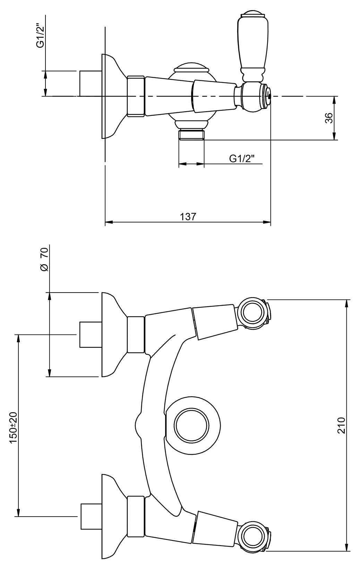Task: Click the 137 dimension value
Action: click(188, 217)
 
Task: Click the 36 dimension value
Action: click(329, 118)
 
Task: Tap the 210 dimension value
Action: click(342, 425)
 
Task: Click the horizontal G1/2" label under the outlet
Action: click(242, 159)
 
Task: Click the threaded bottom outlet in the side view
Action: click(191, 135)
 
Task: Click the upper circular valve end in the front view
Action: click(252, 313)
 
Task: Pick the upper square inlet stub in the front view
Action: click(91, 334)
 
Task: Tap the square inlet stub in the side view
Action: click(91, 83)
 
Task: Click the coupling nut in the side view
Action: click(136, 96)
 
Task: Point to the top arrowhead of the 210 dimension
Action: click(347, 302)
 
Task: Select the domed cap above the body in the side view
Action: click(191, 68)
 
